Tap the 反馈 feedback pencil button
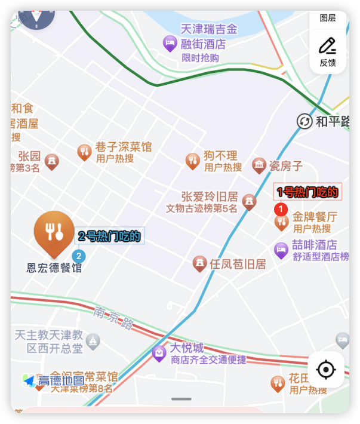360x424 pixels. tap(327, 51)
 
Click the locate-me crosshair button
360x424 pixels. tap(325, 370)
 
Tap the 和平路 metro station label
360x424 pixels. tap(332, 122)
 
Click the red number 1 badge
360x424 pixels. tap(281, 210)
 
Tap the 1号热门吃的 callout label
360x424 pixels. tap(307, 192)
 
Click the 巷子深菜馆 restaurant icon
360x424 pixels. tap(84, 152)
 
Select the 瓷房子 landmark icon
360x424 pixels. tap(259, 165)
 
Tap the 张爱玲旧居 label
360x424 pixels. tap(210, 196)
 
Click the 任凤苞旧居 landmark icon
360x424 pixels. tap(200, 263)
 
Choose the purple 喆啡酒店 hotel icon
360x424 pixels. tap(281, 250)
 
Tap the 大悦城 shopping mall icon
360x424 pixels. tap(159, 353)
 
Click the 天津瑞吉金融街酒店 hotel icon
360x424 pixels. tap(170, 42)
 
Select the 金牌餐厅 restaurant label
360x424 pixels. tap(314, 217)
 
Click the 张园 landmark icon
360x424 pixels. tap(52, 161)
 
